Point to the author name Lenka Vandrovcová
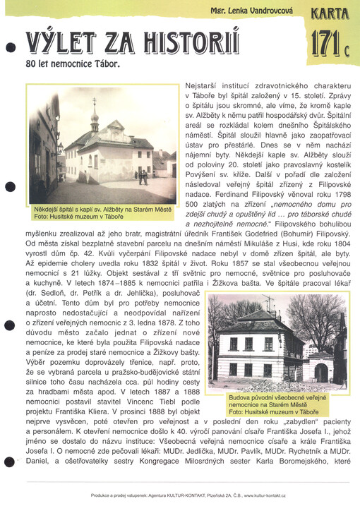pos(255,12)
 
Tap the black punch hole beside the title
pos(10,49)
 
